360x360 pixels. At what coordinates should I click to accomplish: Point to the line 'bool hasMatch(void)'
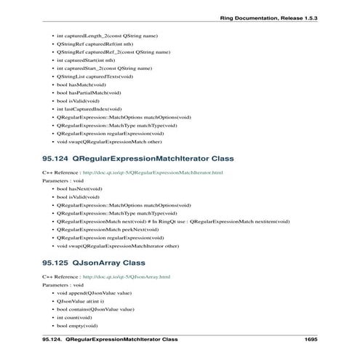81,84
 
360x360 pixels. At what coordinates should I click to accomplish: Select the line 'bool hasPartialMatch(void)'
89,92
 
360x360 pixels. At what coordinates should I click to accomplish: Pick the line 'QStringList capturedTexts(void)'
95,76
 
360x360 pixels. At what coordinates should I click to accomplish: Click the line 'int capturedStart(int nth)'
84,60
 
